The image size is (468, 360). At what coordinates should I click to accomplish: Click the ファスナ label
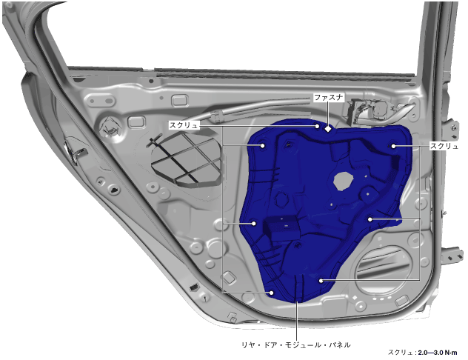[329, 97]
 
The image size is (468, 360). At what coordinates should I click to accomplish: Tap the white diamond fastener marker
[328, 129]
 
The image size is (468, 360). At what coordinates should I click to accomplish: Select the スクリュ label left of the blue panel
[184, 125]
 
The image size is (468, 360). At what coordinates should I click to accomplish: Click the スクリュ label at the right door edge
[444, 146]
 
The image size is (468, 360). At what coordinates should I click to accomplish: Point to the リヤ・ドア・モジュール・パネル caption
[295, 345]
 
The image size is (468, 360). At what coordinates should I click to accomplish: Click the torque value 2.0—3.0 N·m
[438, 353]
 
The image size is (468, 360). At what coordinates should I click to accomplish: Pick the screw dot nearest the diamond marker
[317, 126]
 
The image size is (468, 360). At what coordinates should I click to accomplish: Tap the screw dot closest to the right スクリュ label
[393, 146]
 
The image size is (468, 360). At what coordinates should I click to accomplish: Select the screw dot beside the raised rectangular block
[254, 223]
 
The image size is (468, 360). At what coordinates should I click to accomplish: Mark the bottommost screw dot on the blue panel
[272, 293]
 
